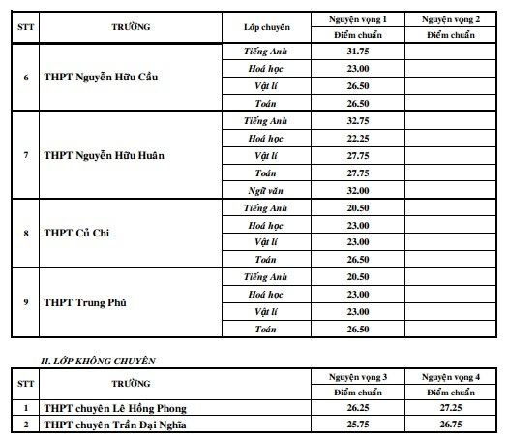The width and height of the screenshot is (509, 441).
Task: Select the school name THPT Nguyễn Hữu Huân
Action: tap(105, 155)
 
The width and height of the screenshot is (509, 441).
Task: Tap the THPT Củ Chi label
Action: tap(76, 234)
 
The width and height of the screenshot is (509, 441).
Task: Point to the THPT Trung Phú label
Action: tap(84, 302)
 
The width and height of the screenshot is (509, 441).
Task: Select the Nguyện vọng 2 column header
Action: tap(451, 19)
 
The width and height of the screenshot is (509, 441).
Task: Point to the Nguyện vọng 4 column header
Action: tap(451, 375)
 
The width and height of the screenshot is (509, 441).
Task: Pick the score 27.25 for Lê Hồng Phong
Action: tap(451, 409)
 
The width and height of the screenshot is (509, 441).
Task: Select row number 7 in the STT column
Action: tap(25, 155)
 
